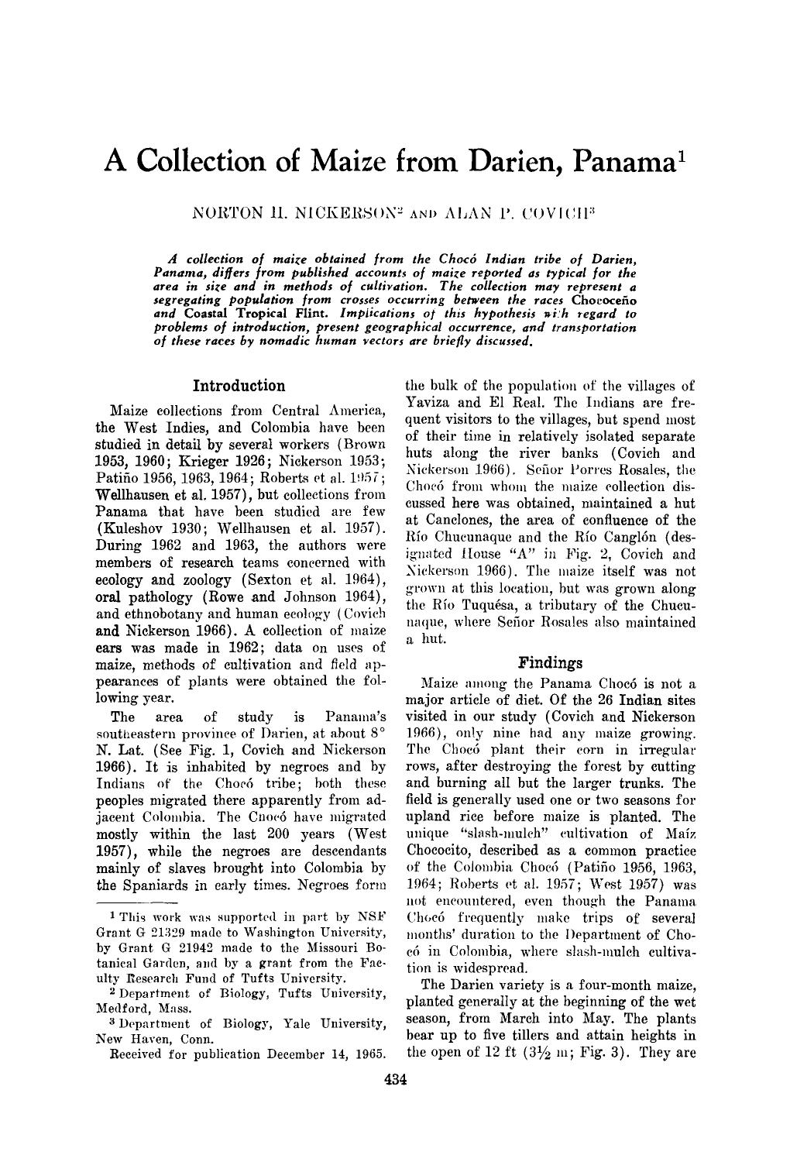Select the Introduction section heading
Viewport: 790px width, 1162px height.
[x=239, y=385]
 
